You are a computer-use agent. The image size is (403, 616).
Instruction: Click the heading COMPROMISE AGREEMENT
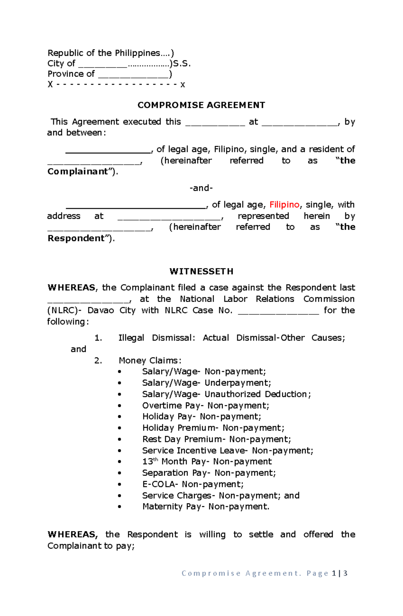click(201, 105)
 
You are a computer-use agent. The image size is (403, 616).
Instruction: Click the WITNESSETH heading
click(201, 271)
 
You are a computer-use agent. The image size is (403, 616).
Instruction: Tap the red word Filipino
click(284, 205)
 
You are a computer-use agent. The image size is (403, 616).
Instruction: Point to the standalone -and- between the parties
click(201, 188)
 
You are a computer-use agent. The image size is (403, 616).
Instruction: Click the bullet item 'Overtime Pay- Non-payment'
click(206, 406)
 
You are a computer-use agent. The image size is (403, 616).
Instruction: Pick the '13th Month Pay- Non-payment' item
click(207, 462)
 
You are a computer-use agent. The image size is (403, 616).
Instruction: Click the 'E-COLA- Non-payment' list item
click(193, 484)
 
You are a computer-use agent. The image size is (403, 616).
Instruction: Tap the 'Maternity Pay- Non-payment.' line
click(206, 507)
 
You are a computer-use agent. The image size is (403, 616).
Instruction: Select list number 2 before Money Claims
click(98, 361)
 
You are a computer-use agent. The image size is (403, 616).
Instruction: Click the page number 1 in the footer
click(334, 573)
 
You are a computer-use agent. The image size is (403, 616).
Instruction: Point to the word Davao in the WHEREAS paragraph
click(100, 310)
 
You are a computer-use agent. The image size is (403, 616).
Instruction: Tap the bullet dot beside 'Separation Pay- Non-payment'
click(120, 473)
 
